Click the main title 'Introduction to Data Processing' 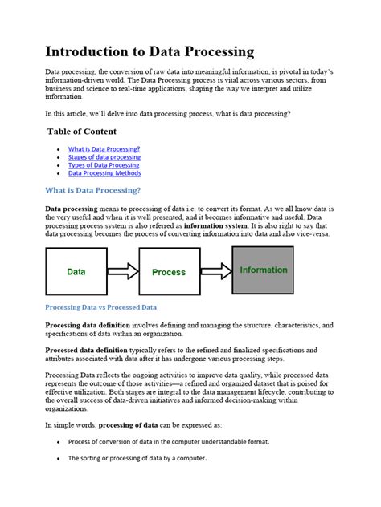click(150, 52)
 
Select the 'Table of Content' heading click(82, 132)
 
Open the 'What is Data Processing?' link click(104, 149)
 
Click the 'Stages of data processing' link click(104, 157)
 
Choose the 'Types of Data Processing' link click(104, 165)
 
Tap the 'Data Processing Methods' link click(104, 173)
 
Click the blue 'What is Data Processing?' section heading click(93, 190)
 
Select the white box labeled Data click(76, 272)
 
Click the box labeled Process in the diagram click(169, 272)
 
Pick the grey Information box click(263, 270)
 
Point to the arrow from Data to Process click(123, 272)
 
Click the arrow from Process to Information click(215, 271)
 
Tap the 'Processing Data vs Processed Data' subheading click(100, 307)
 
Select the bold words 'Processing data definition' click(88, 325)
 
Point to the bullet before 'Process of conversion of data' click(59, 442)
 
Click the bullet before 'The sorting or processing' click(59, 459)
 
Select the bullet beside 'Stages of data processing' click(59, 157)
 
